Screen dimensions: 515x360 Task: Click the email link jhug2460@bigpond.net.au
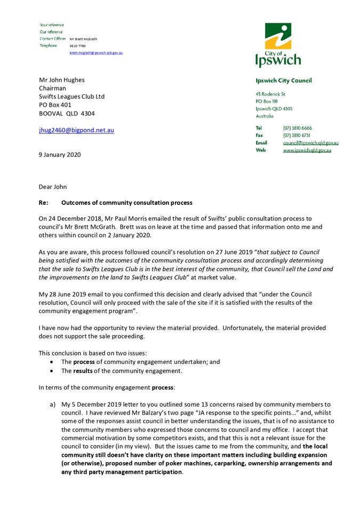[76, 130]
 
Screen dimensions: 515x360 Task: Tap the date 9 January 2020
[60, 155]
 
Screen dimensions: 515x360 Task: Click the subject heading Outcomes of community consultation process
[127, 203]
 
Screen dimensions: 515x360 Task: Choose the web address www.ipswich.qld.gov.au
[307, 150]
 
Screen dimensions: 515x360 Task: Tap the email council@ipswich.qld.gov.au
[310, 143]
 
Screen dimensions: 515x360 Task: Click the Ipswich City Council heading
[283, 81]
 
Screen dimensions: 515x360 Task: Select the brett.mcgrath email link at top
[96, 53]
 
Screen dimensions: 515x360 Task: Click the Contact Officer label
[52, 39]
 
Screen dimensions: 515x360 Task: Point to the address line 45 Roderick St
[270, 94]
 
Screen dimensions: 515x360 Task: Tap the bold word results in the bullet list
[85, 371]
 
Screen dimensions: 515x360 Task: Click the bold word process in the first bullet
[85, 362]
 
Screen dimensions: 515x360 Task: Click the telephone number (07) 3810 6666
[298, 128]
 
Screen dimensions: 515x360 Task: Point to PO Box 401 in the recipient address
[55, 105]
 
